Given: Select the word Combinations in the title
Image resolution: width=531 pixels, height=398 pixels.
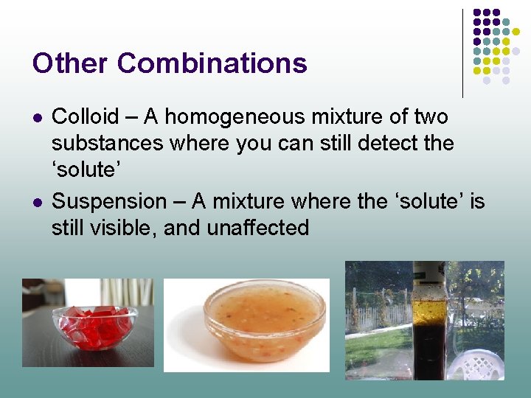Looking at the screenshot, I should [x=212, y=63].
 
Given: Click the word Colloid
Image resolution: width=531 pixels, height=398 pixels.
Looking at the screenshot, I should [x=86, y=116].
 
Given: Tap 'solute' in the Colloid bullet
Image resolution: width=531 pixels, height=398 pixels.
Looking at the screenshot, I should [x=83, y=170].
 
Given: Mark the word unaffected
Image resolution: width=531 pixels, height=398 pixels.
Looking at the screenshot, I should [x=257, y=228].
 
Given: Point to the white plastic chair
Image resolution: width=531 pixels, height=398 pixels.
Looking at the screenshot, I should [x=479, y=364].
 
